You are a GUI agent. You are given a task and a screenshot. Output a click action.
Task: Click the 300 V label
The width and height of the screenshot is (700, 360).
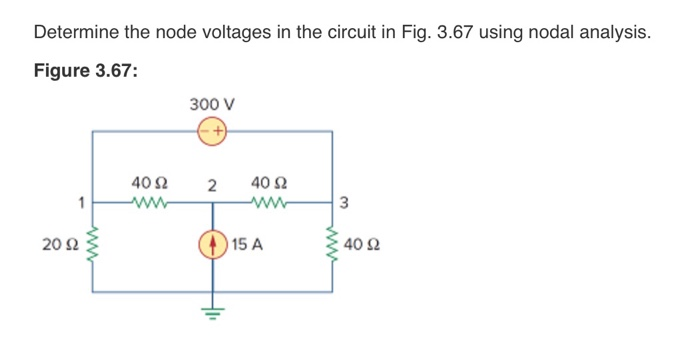pyautogui.click(x=211, y=103)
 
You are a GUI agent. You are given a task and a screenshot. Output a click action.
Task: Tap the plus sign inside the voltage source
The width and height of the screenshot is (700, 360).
pyautogui.click(x=217, y=130)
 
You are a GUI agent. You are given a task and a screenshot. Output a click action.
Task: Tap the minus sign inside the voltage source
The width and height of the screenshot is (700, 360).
pyautogui.click(x=204, y=130)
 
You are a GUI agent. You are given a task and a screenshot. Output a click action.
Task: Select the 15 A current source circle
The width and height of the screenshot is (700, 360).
pyautogui.click(x=211, y=243)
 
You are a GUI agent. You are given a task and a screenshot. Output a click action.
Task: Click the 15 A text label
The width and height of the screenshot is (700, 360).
pyautogui.click(x=247, y=243)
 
